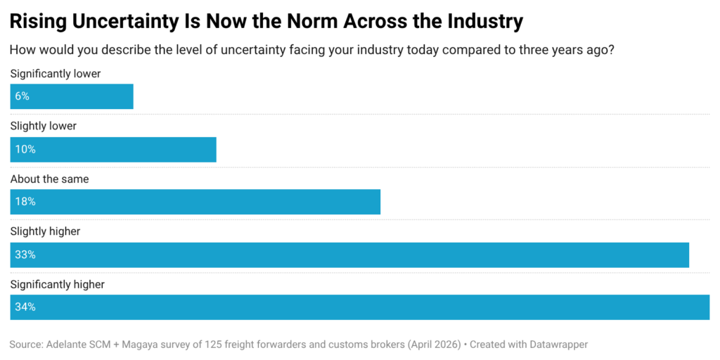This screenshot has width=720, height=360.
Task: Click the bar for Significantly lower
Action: (x=72, y=96)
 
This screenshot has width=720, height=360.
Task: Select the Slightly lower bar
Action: (x=113, y=149)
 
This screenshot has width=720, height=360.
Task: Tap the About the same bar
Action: (x=195, y=202)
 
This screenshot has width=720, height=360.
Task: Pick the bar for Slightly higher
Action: (x=349, y=255)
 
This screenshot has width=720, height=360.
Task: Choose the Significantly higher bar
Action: (x=360, y=307)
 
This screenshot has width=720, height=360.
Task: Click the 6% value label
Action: (x=22, y=96)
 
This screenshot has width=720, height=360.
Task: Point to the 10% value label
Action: (x=25, y=149)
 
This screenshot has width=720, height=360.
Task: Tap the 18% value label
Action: (x=25, y=202)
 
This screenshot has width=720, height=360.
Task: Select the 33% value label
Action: (x=25, y=255)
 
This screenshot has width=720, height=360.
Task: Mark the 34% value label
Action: (x=25, y=307)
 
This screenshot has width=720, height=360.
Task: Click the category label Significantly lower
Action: (x=56, y=73)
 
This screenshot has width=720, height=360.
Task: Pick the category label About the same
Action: (x=50, y=179)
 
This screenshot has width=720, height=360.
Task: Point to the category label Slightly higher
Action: (x=46, y=232)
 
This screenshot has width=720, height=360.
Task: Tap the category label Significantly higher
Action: (x=58, y=285)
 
